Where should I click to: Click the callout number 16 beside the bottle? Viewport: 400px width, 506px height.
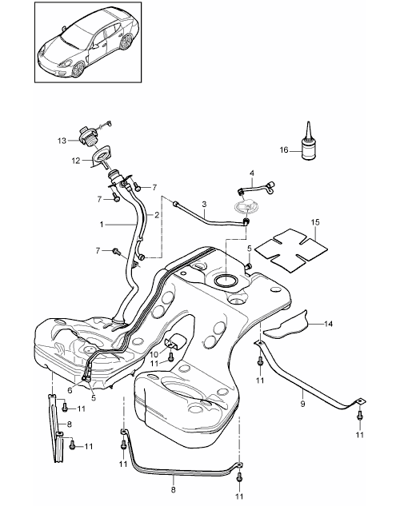(x=284, y=149)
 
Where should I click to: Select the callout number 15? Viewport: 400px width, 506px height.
(x=315, y=222)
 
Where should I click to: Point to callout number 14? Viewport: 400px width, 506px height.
(x=328, y=324)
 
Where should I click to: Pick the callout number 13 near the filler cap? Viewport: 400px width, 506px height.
(x=62, y=141)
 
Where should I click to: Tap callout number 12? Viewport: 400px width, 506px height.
(x=76, y=161)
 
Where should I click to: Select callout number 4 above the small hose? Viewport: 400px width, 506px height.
(x=252, y=173)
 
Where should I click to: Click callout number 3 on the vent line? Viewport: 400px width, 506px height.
(x=204, y=205)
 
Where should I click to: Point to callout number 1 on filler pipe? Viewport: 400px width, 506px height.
(x=102, y=224)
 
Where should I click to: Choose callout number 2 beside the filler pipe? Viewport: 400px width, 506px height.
(x=157, y=215)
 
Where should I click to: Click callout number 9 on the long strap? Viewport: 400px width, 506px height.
(x=302, y=404)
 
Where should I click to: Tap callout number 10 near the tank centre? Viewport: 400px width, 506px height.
(x=154, y=355)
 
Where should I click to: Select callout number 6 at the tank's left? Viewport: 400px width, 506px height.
(x=70, y=390)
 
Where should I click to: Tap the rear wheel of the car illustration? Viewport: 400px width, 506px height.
(x=126, y=42)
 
